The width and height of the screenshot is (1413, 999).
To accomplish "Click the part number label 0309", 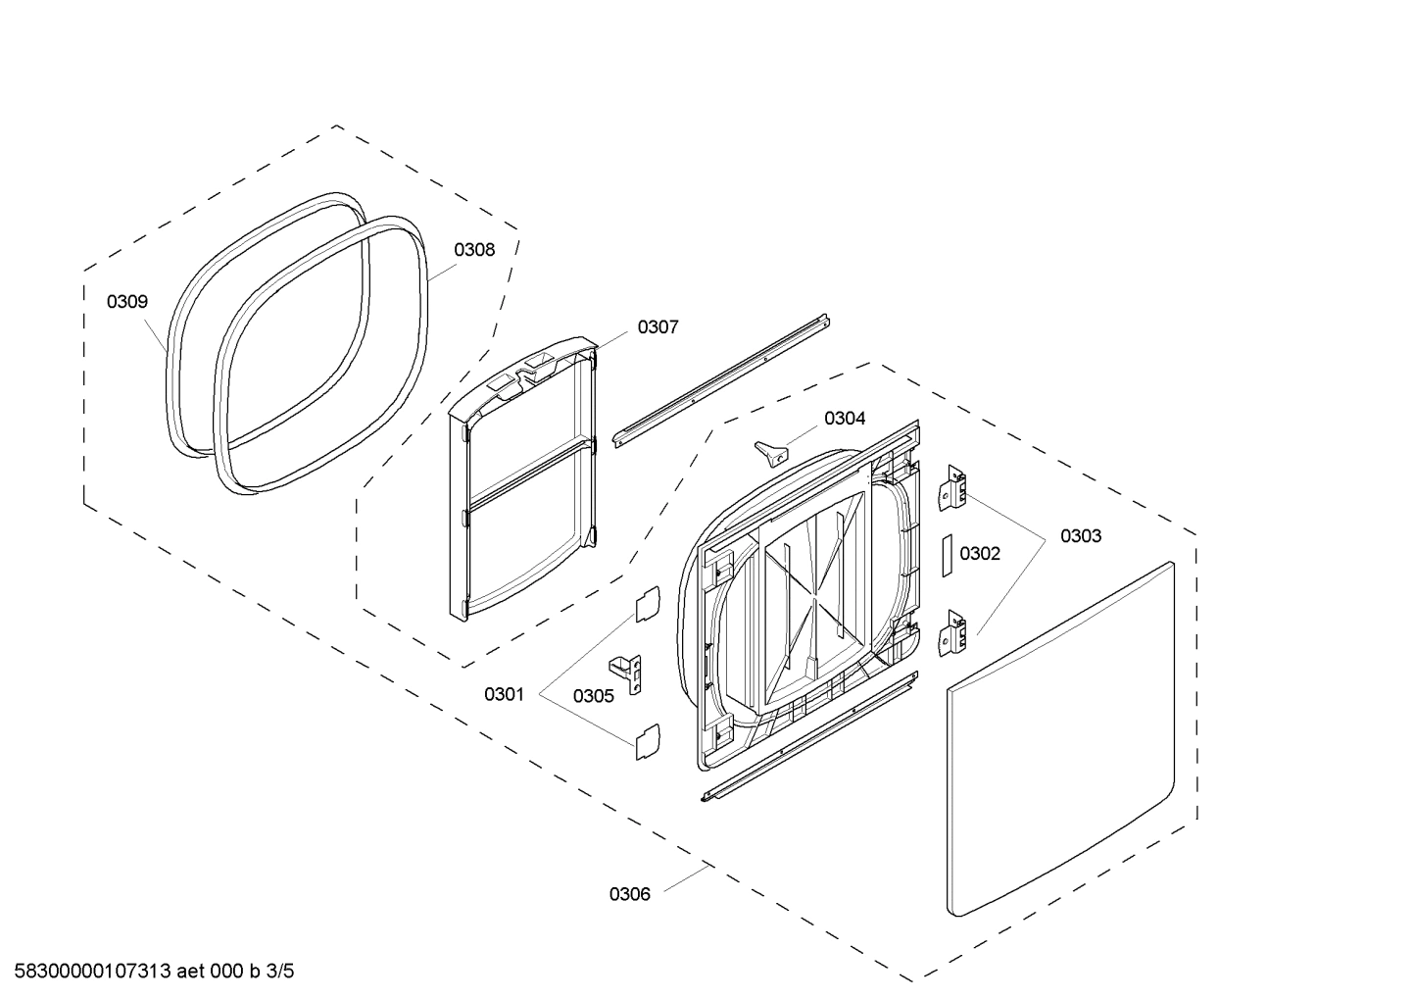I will point(127,302).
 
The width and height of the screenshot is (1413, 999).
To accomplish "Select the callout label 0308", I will point(474,250).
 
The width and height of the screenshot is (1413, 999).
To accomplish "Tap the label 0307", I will point(658,327).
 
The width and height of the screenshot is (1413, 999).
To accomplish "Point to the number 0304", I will point(845,419).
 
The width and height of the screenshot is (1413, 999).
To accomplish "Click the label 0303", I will point(1080,536).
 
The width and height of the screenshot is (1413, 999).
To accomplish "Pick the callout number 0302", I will point(980,554).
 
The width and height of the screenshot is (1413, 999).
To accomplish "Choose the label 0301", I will point(504,694).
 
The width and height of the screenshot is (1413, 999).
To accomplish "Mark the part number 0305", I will point(594,696).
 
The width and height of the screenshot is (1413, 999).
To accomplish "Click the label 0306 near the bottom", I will point(629,893).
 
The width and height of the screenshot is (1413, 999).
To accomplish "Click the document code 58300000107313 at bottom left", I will point(93,972).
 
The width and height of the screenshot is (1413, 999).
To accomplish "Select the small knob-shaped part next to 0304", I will point(771,452).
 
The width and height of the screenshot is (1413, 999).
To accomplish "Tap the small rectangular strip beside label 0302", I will point(948,555).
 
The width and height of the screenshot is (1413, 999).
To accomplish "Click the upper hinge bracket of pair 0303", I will point(953,486).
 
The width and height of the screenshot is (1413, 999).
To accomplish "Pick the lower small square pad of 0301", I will point(648,740).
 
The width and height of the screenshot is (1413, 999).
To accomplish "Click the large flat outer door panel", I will point(1061,740).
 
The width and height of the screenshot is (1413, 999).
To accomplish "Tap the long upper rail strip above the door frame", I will point(721,380).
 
